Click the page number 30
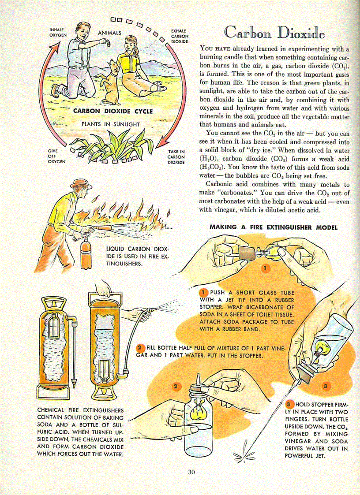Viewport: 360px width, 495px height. [191, 472]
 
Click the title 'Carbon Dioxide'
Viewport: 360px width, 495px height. [274, 32]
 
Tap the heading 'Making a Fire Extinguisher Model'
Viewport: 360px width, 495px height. [274, 227]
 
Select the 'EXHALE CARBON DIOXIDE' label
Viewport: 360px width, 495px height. [180, 36]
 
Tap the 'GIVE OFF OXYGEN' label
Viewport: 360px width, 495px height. [56, 156]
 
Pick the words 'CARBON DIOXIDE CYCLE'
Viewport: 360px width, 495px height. [113, 111]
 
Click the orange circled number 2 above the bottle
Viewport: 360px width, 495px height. [176, 387]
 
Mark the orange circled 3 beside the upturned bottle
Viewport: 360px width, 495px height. [325, 387]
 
